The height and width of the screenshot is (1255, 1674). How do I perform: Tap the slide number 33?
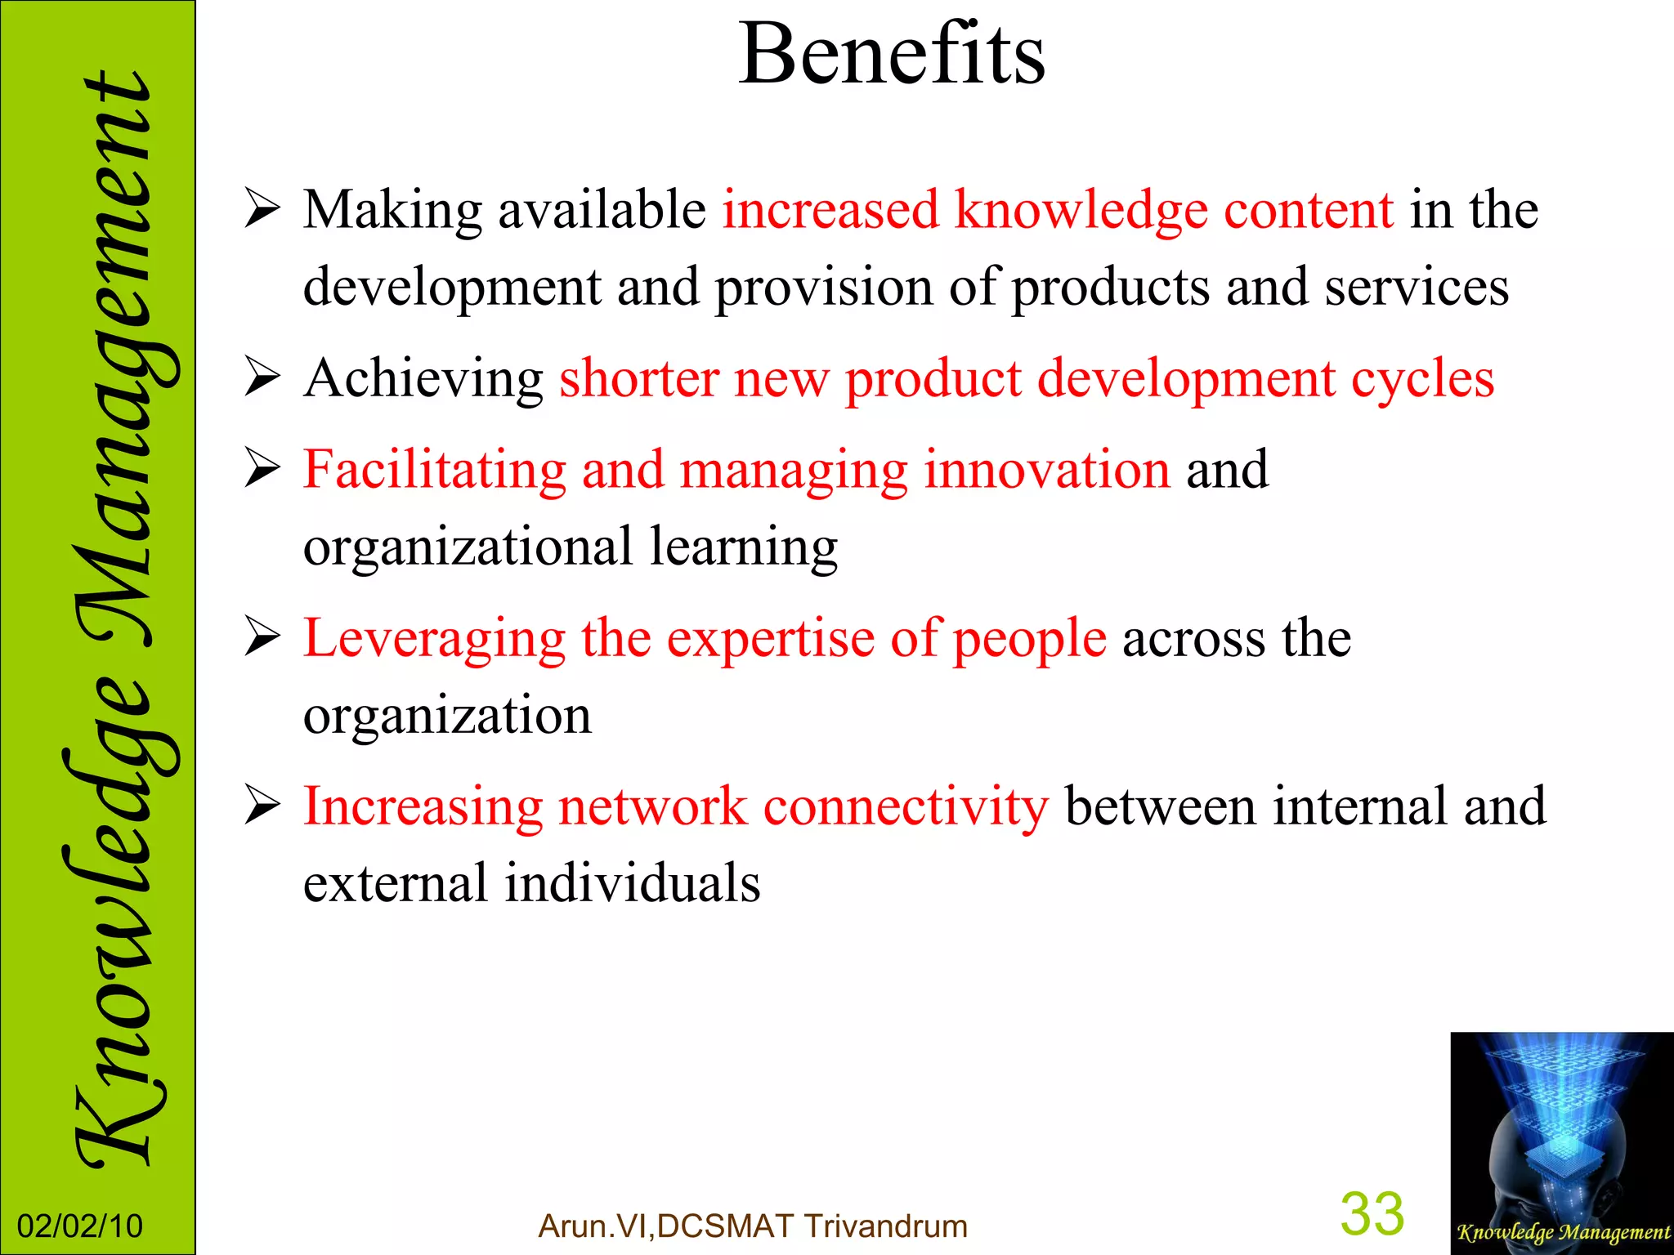click(x=1372, y=1214)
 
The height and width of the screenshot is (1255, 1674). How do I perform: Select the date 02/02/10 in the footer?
click(x=80, y=1226)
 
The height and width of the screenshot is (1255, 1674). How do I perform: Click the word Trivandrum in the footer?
click(x=886, y=1226)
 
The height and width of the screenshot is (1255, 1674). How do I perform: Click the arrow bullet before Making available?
click(x=262, y=210)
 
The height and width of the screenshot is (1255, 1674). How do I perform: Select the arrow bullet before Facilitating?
click(x=262, y=470)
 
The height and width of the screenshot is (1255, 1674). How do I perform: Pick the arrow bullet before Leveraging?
click(x=262, y=638)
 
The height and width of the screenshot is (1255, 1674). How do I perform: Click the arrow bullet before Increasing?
click(x=262, y=806)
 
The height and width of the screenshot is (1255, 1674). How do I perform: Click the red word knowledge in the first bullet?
click(x=1081, y=212)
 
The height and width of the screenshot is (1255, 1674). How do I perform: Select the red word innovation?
click(x=1048, y=470)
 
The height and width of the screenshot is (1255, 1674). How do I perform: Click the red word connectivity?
click(x=906, y=806)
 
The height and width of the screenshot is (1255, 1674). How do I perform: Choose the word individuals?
click(x=632, y=883)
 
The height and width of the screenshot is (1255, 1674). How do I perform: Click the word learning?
click(x=744, y=548)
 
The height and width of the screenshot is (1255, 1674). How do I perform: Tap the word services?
click(x=1417, y=288)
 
